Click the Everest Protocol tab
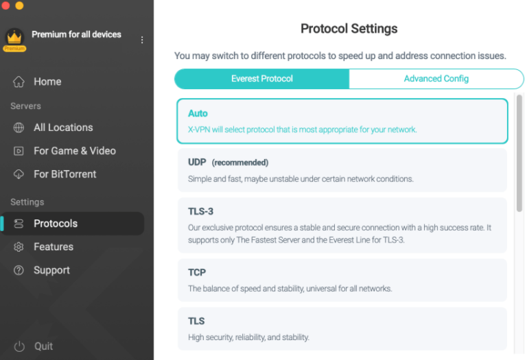click(x=261, y=79)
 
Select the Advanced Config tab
click(x=436, y=79)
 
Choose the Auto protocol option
click(x=198, y=113)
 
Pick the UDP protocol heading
click(x=197, y=163)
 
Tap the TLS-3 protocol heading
click(x=200, y=212)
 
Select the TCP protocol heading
click(x=197, y=272)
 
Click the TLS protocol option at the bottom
click(x=196, y=321)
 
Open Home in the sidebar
click(x=47, y=82)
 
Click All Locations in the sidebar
click(x=63, y=128)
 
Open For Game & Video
click(x=74, y=151)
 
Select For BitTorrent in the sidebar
click(x=65, y=174)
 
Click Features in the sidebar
click(x=53, y=247)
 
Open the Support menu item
click(x=51, y=270)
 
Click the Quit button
click(x=43, y=346)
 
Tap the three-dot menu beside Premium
click(x=142, y=40)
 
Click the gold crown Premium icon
click(x=14, y=38)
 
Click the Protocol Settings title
click(x=349, y=29)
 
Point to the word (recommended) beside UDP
click(x=239, y=163)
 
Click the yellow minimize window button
click(x=19, y=5)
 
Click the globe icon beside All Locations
click(x=19, y=128)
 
